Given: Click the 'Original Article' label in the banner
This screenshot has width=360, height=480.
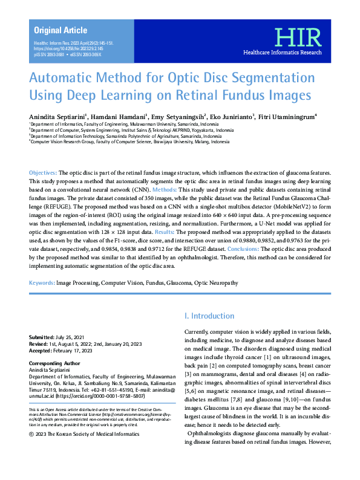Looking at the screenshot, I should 61,30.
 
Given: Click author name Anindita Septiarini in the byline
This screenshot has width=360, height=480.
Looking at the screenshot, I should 56,117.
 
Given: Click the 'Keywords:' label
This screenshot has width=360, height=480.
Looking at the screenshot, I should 42,283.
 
